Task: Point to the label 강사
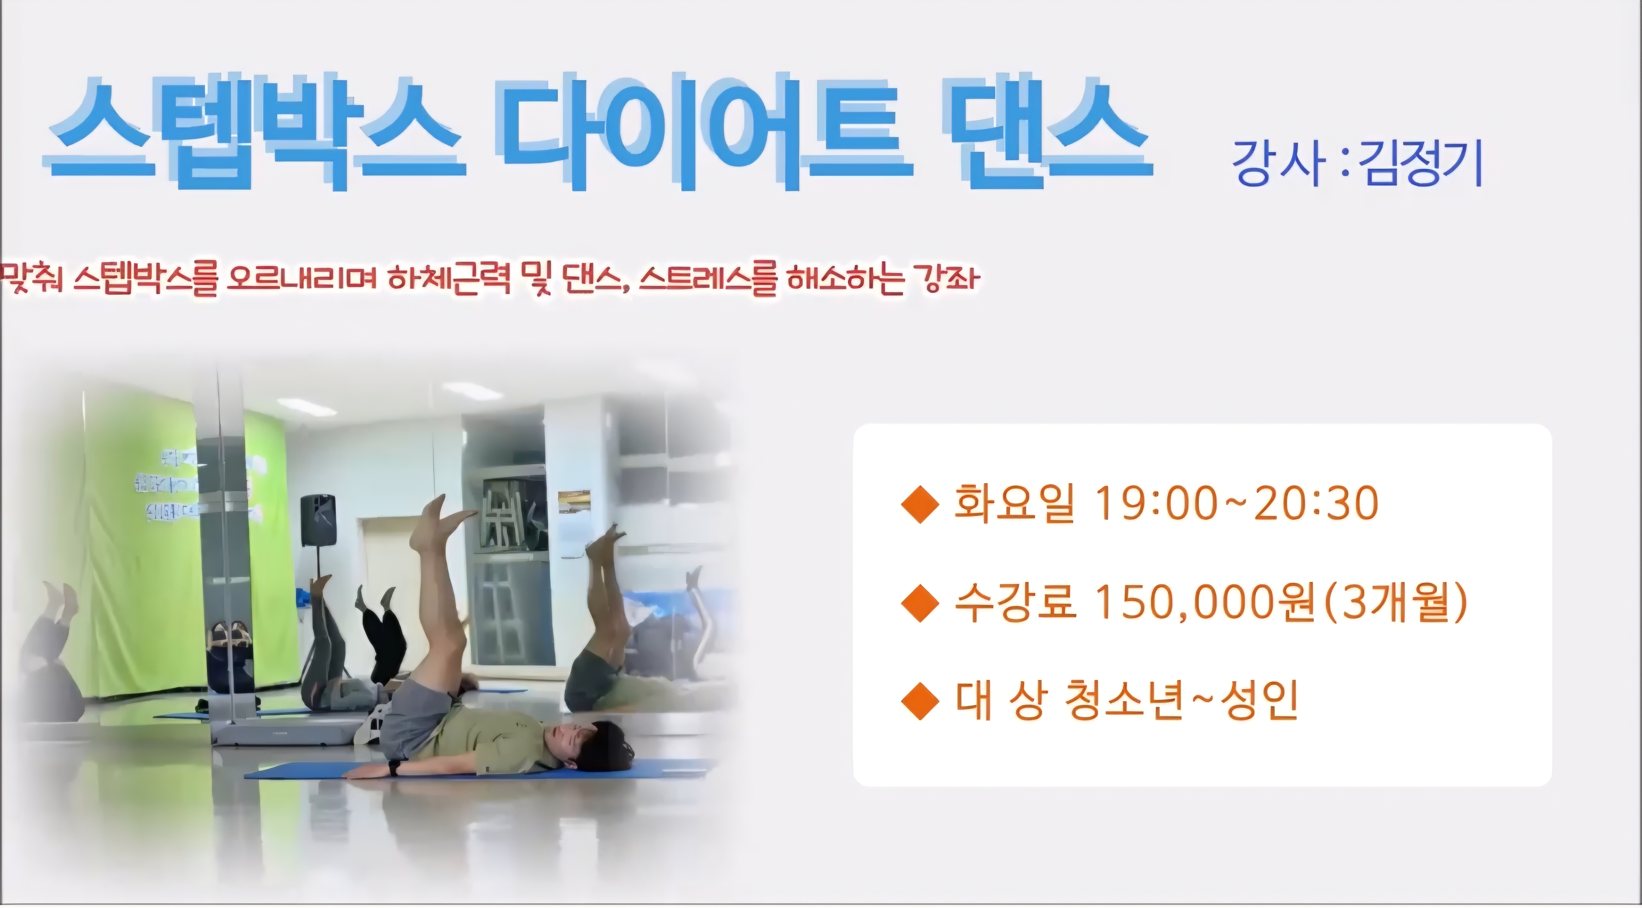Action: (x=1275, y=163)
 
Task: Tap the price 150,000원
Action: (x=1205, y=603)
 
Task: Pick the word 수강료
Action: (x=1015, y=603)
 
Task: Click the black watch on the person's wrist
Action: (x=395, y=767)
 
